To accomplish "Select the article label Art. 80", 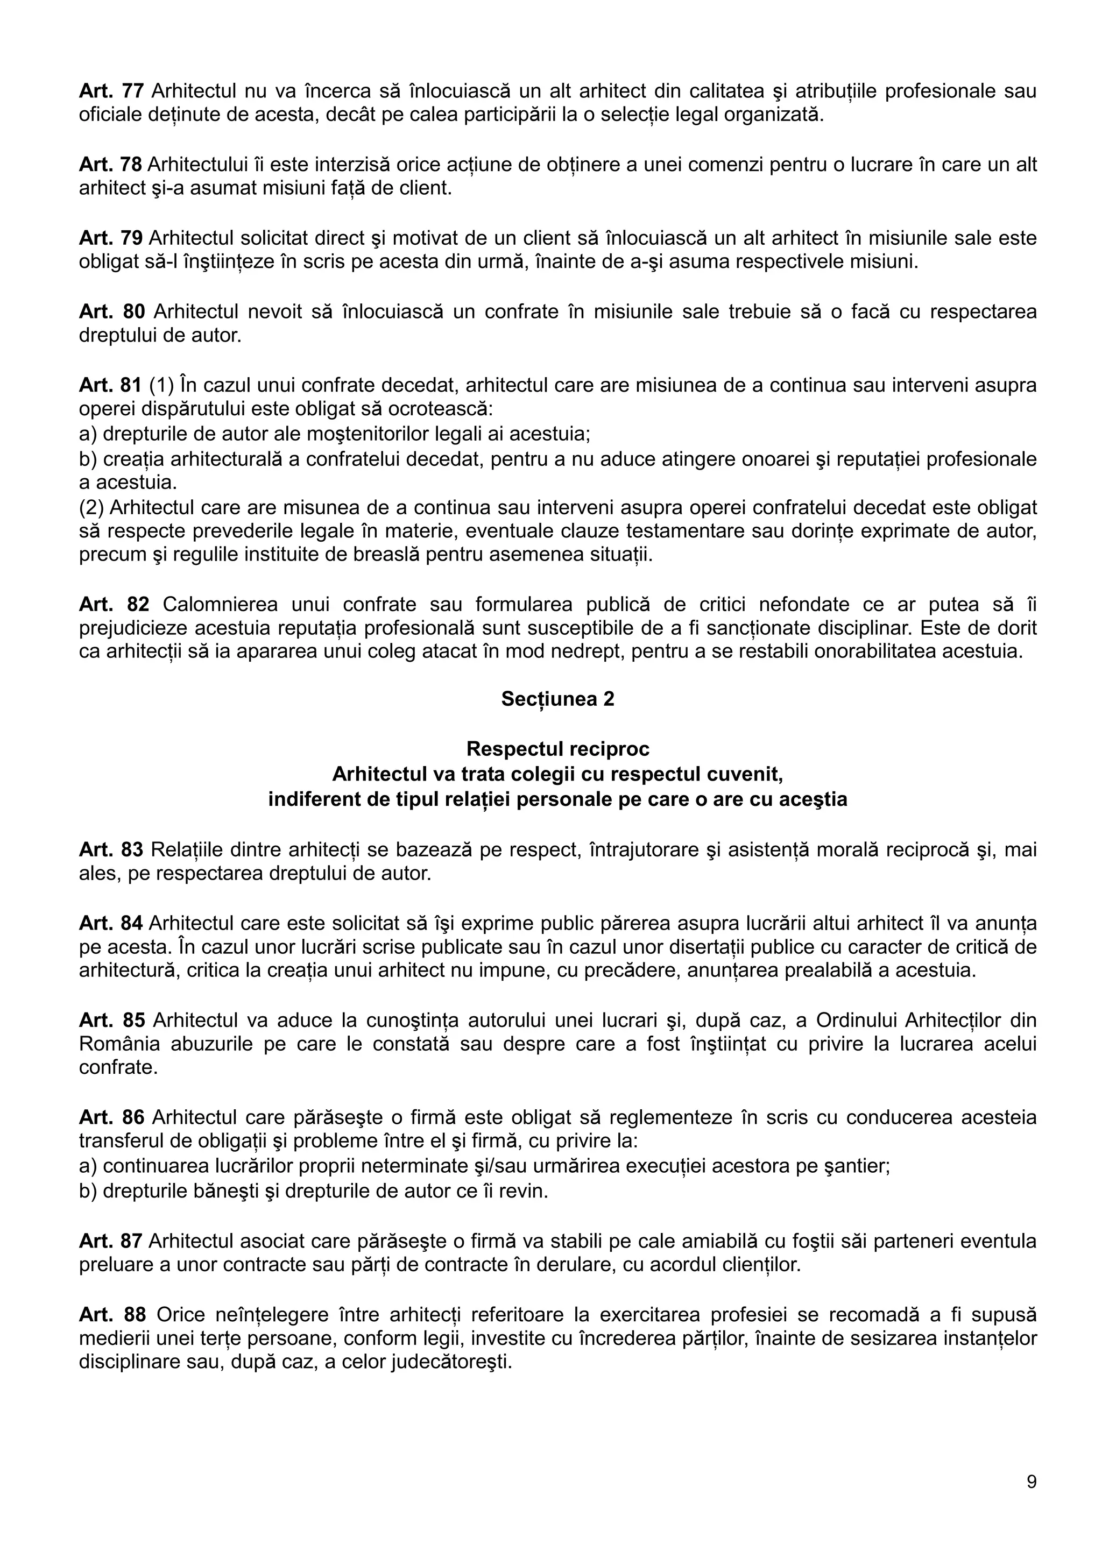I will click(x=111, y=311).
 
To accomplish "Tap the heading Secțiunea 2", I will click(x=557, y=699).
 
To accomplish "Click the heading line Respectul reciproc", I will click(x=557, y=749).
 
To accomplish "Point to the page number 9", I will click(x=1032, y=1482).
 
